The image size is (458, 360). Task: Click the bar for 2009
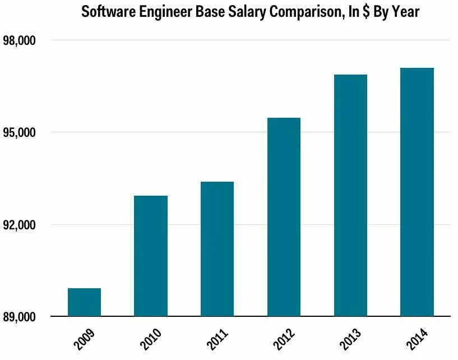(x=84, y=302)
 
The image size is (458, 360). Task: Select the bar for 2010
(x=151, y=256)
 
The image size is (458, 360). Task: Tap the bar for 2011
(x=217, y=249)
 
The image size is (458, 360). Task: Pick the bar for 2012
(x=284, y=217)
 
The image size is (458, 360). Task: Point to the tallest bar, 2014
(x=417, y=192)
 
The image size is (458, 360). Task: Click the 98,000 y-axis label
(x=20, y=41)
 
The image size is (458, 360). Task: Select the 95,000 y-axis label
(x=20, y=133)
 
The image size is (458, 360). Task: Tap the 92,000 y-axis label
(x=20, y=225)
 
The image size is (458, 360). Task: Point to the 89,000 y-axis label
(x=20, y=317)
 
